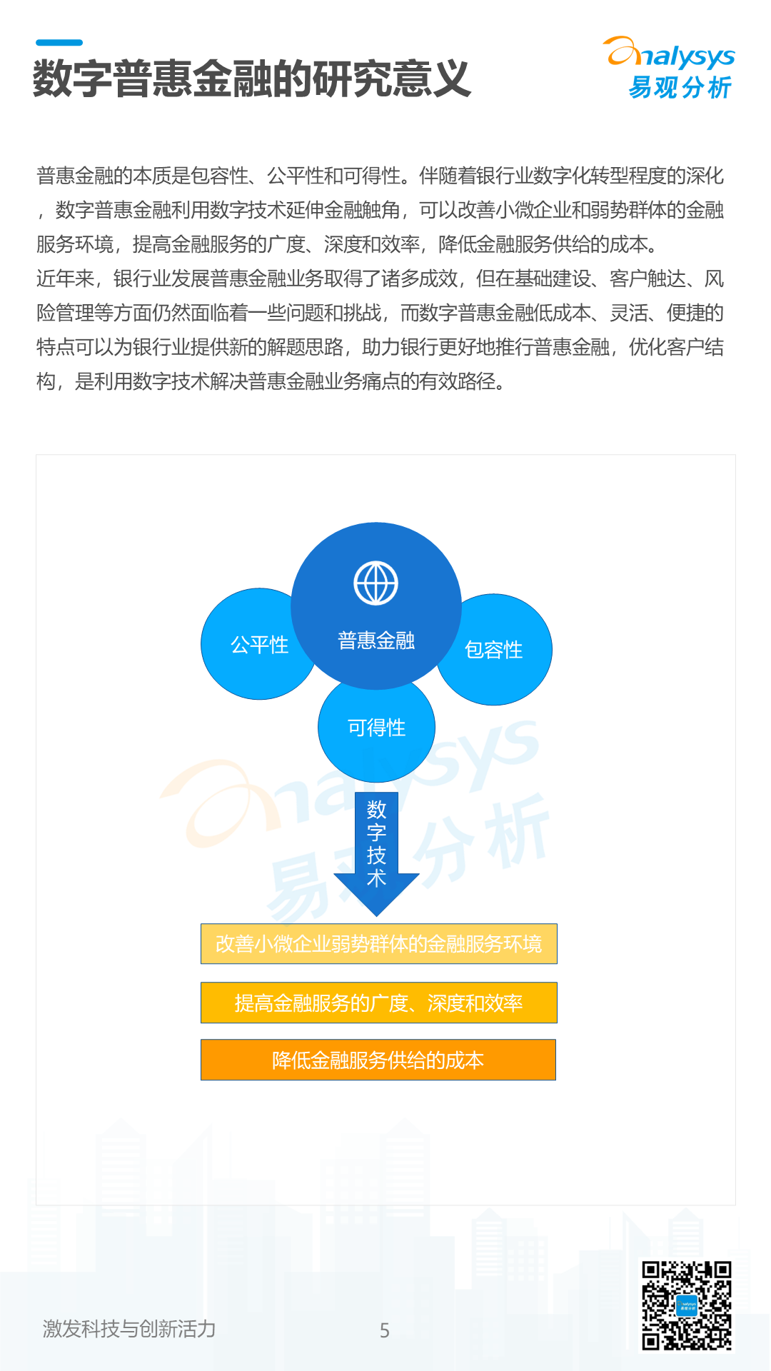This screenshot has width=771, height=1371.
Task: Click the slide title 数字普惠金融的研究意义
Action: (x=251, y=79)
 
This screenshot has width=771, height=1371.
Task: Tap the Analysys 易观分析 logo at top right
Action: (x=671, y=69)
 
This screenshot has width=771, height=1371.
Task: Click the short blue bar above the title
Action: (x=59, y=43)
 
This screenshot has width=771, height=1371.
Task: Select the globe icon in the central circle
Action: (x=376, y=583)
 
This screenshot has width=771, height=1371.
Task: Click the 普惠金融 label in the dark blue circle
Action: (x=376, y=641)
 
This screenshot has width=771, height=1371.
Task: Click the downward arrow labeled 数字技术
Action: (x=376, y=850)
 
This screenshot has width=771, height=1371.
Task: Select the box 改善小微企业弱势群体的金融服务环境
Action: (x=378, y=944)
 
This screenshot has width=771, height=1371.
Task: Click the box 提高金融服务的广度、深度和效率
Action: (x=378, y=1003)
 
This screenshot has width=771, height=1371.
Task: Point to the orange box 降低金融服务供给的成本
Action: (x=378, y=1060)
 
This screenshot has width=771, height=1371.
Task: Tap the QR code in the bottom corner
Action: (x=686, y=1305)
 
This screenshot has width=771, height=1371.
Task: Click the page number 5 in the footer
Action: (x=385, y=1330)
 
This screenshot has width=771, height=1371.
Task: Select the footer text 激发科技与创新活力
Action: (x=129, y=1329)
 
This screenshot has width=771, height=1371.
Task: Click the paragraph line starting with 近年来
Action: (x=380, y=278)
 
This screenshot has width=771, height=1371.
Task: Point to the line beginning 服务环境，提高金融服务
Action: (x=347, y=244)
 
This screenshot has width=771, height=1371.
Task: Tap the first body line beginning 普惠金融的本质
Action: (x=380, y=176)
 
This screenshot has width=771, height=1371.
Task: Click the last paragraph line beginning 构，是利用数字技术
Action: (x=271, y=381)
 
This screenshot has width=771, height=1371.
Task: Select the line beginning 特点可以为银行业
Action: (x=380, y=347)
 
